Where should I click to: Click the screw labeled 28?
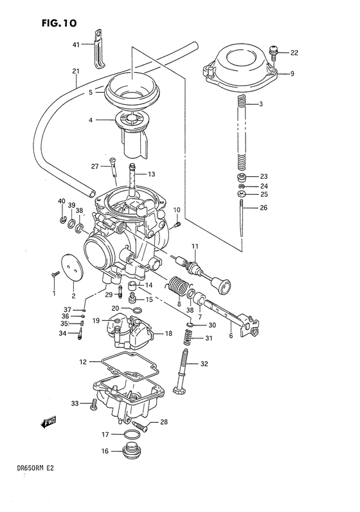(139, 425)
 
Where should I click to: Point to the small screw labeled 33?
(93, 404)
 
